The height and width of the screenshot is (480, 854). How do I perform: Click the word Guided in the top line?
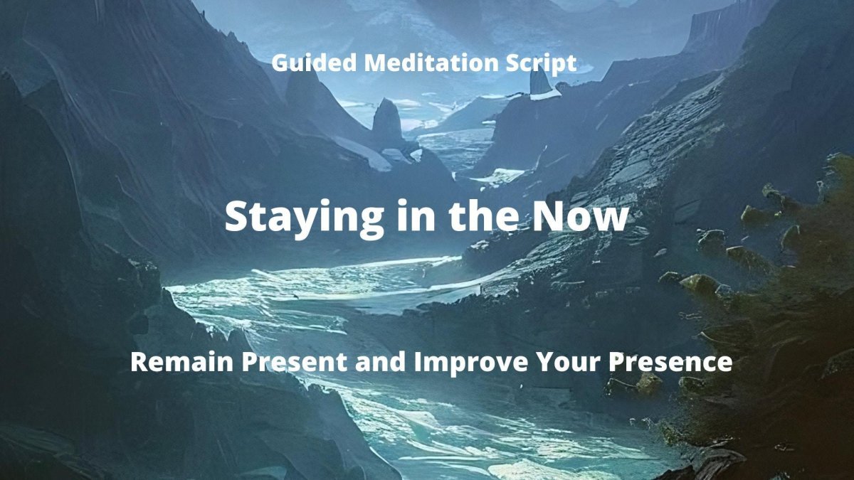click(315, 63)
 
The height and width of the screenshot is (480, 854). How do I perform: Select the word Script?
click(541, 65)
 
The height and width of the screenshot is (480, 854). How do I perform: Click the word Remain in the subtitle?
click(182, 362)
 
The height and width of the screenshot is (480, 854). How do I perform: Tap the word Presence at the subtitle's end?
click(670, 362)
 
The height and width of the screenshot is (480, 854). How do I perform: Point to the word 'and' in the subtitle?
click(381, 362)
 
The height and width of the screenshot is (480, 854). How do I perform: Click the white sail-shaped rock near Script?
click(542, 85)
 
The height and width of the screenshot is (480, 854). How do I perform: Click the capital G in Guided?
click(280, 63)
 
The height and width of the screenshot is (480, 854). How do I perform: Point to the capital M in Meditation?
click(376, 63)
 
